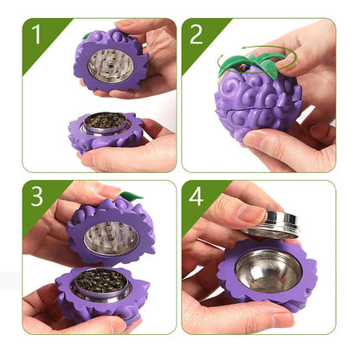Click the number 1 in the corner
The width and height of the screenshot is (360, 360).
(x=35, y=34)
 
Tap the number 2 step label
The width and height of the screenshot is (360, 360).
(x=196, y=34)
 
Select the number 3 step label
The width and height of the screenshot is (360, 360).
(x=35, y=196)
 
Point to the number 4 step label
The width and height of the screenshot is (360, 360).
(x=196, y=196)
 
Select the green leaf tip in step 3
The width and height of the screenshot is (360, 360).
(x=130, y=196)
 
